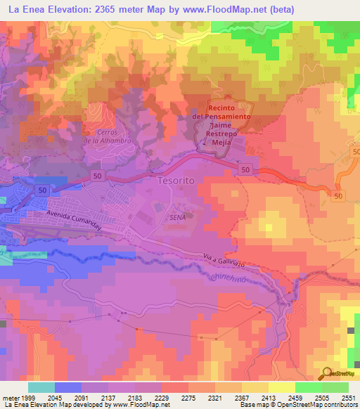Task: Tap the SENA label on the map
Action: tap(177, 218)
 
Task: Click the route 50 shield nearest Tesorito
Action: tap(244, 169)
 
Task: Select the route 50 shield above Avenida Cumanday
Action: tap(43, 190)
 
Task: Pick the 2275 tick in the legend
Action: tap(188, 397)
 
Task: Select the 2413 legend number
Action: tap(269, 397)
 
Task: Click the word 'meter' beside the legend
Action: tap(9, 397)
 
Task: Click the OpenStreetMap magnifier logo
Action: tap(327, 373)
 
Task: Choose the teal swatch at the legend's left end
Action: tap(41, 387)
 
